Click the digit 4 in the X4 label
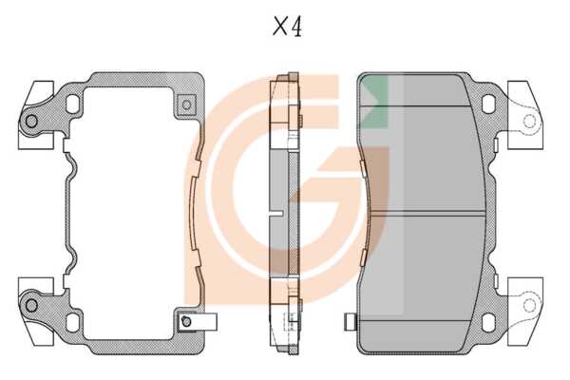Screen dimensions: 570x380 tap(295, 28)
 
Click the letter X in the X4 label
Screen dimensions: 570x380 tap(280, 27)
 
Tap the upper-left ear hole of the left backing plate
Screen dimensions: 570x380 tap(31, 121)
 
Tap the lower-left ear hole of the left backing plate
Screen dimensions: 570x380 tap(31, 305)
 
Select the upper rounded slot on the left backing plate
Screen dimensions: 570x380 tap(72, 104)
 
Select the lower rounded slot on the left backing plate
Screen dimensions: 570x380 tap(72, 323)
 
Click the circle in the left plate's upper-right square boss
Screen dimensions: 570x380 tap(186, 104)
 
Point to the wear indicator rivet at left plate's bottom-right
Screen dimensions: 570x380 tap(186, 322)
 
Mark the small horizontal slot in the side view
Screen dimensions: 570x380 tap(275, 214)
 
